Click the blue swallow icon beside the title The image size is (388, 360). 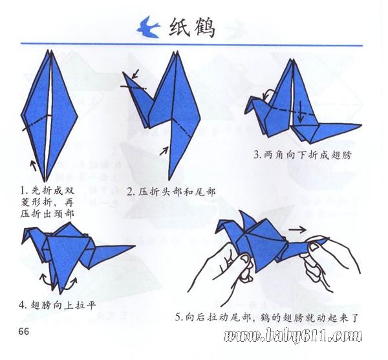148,28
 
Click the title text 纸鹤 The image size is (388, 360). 192,27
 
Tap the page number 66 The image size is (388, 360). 24,331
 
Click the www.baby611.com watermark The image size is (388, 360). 293,335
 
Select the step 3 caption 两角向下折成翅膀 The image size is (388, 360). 307,155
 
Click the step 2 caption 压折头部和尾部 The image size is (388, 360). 177,192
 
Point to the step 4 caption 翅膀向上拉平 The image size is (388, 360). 63,305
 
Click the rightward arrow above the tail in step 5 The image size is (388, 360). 297,230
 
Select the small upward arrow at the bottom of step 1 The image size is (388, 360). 33,166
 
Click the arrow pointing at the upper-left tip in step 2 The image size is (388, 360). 135,74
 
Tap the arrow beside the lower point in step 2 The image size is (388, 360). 164,151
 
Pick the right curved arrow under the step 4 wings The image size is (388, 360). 72,283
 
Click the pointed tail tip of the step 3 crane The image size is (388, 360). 361,126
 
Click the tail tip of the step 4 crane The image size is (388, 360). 135,246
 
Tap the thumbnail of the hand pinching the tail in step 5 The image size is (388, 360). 314,247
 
